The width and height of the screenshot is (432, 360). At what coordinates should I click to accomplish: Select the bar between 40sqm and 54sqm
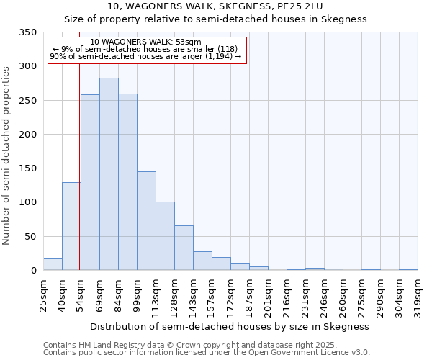tap(71, 226)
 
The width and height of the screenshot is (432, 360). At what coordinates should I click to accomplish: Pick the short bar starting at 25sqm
tap(53, 264)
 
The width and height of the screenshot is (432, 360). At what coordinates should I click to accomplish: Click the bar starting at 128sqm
tap(184, 248)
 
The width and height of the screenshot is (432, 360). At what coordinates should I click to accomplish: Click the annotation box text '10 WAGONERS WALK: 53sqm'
tap(146, 42)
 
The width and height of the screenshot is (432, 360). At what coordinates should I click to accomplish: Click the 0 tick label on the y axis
tap(33, 271)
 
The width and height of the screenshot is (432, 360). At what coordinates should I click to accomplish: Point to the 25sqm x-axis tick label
tap(44, 294)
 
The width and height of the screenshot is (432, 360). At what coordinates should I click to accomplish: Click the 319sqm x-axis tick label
tap(418, 294)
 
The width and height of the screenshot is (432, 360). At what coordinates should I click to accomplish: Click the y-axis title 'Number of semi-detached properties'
tap(6, 156)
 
